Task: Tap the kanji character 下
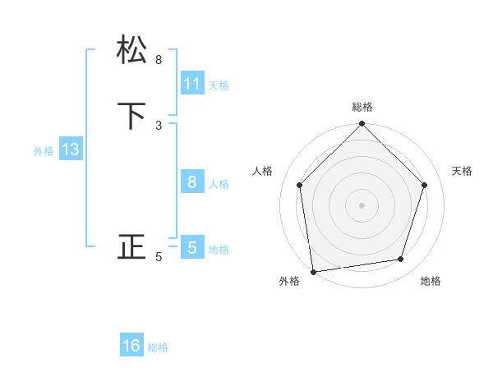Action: click(x=132, y=117)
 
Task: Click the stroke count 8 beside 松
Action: click(x=159, y=59)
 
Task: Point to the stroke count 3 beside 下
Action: click(x=159, y=125)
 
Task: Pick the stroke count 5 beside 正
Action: click(x=159, y=257)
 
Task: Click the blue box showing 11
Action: click(x=192, y=84)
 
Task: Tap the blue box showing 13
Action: click(x=70, y=149)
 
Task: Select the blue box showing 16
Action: click(x=131, y=346)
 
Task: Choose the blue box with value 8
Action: click(x=192, y=182)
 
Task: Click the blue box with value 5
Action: click(x=192, y=247)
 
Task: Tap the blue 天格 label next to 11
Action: click(x=219, y=85)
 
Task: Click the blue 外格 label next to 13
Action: click(x=44, y=151)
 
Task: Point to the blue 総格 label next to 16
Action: click(x=158, y=347)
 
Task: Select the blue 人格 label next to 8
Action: click(x=219, y=184)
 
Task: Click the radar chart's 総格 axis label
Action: click(x=362, y=107)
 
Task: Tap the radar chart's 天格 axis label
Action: click(x=463, y=171)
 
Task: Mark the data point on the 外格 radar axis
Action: click(x=313, y=271)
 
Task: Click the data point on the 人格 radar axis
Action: click(x=299, y=185)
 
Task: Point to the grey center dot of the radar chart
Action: click(x=362, y=204)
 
